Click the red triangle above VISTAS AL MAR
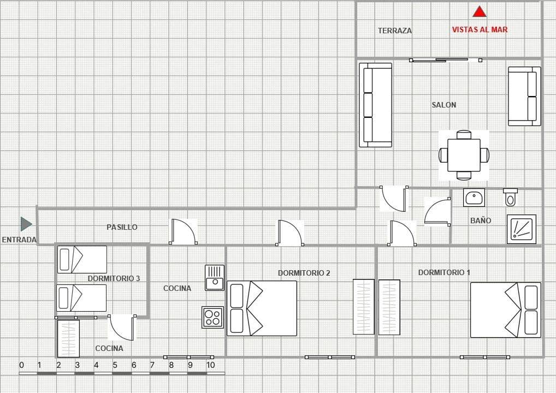coord(480,11)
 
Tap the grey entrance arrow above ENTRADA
coord(26,224)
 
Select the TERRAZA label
coord(394,31)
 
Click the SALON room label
coord(443,105)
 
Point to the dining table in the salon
coord(464,155)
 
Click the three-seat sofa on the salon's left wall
coord(375,105)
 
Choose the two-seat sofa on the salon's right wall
coord(524,96)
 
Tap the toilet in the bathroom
coord(510,197)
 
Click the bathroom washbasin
coord(474,198)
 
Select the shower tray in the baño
coord(521,229)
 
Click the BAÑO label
coord(480,221)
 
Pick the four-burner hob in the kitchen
coord(212,317)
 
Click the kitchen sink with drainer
coord(215,277)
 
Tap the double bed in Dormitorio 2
coord(262,308)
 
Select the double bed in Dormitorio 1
coord(505,310)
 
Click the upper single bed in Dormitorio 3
coord(82,259)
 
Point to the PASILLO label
coord(122,227)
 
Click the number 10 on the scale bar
coord(210,365)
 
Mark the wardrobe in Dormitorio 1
coord(389,307)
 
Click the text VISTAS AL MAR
coord(480,30)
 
